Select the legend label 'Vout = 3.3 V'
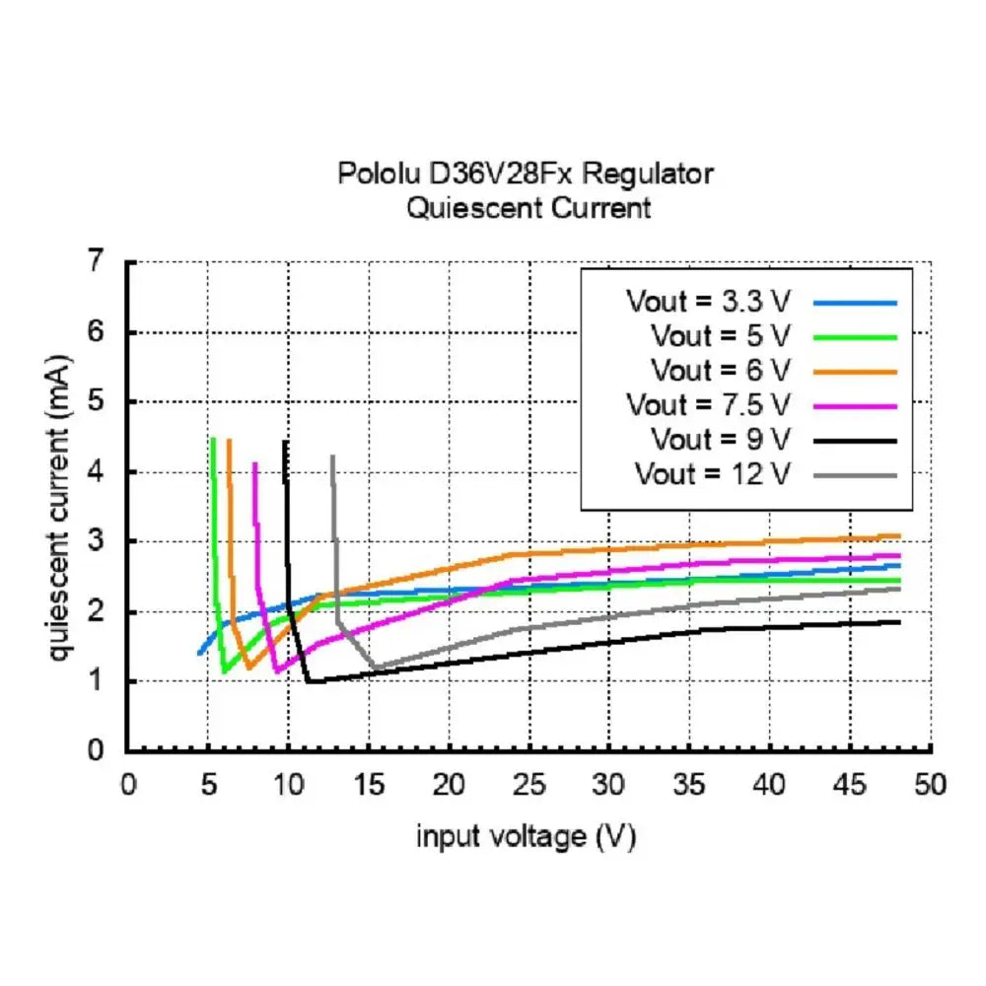click(707, 301)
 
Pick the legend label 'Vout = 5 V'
click(720, 335)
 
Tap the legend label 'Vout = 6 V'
click(720, 370)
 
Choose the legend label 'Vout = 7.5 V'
click(707, 404)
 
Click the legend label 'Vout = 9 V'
click(720, 439)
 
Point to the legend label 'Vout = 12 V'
click(713, 473)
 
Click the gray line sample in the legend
click(857, 475)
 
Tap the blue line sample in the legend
click(857, 302)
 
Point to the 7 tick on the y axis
click(95, 262)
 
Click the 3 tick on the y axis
click(95, 541)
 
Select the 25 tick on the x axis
click(528, 785)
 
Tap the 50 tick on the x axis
click(930, 785)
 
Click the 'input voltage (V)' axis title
click(527, 837)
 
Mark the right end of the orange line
click(899, 536)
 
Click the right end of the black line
click(899, 622)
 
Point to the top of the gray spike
click(332, 457)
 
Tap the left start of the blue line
click(199, 653)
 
